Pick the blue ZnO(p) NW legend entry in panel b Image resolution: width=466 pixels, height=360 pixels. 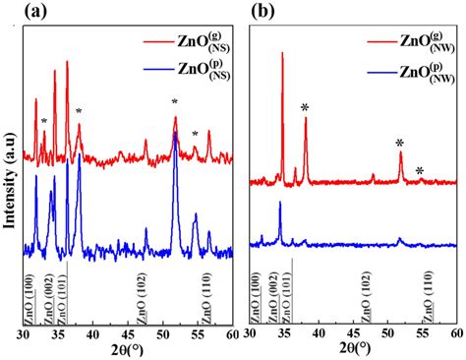point(403,74)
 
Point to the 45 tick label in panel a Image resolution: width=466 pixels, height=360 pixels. point(128,335)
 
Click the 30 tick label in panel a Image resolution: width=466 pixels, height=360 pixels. point(24,335)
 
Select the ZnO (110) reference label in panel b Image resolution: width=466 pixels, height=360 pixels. point(428,299)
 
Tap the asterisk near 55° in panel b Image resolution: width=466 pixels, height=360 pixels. point(420,172)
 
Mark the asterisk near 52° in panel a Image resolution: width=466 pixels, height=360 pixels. point(174,102)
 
